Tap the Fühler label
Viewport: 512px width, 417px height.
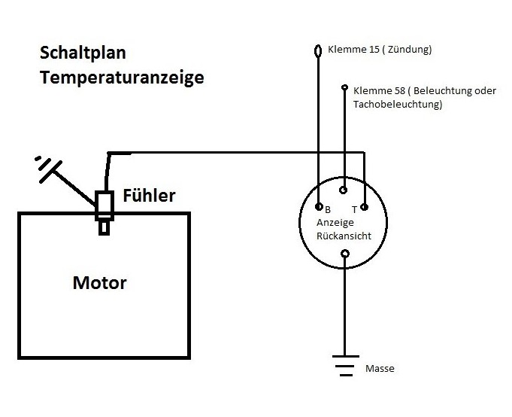click(x=150, y=196)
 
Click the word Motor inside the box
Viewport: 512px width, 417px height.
click(x=99, y=284)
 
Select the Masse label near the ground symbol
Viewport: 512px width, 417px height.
click(x=379, y=369)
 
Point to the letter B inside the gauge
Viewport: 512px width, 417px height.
click(x=328, y=209)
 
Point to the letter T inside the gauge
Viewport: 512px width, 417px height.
click(x=353, y=209)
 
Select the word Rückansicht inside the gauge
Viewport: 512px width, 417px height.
click(x=344, y=236)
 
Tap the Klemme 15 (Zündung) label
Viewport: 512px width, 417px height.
click(x=380, y=50)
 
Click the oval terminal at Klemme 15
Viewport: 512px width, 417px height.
click(x=317, y=51)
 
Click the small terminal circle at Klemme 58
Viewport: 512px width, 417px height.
click(x=344, y=87)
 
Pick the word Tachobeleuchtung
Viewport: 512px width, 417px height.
click(x=396, y=105)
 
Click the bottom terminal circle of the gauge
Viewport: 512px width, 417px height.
click(x=344, y=254)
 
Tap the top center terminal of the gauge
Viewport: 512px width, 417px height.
click(x=344, y=190)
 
